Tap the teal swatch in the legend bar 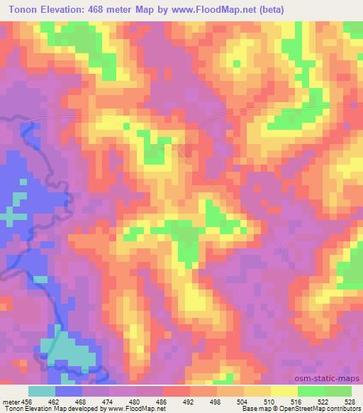[x=42, y=391]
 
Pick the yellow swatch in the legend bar [x=284, y=391]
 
